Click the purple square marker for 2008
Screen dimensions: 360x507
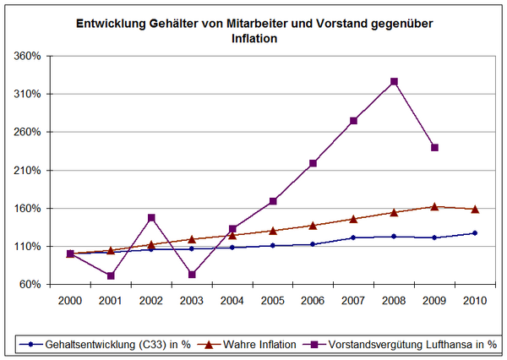pyautogui.click(x=394, y=82)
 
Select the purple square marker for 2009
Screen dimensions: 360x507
pyautogui.click(x=434, y=147)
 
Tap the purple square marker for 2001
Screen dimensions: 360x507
pyautogui.click(x=111, y=275)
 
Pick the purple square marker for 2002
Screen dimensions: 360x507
pyautogui.click(x=151, y=218)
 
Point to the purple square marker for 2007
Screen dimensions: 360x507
pyautogui.click(x=353, y=121)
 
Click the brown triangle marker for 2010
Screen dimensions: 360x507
pyautogui.click(x=475, y=209)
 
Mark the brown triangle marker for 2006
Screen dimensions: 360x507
pyautogui.click(x=313, y=225)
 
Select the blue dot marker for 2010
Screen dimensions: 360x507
pyautogui.click(x=475, y=233)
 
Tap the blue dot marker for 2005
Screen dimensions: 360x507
pyautogui.click(x=272, y=245)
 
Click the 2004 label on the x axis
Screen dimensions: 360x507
pyautogui.click(x=232, y=300)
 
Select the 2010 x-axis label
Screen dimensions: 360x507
pyautogui.click(x=475, y=300)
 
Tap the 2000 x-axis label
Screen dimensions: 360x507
pyautogui.click(x=70, y=300)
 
